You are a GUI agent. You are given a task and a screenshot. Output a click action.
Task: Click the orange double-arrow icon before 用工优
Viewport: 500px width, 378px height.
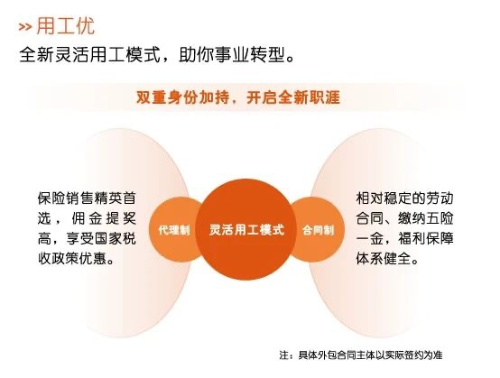[25, 27]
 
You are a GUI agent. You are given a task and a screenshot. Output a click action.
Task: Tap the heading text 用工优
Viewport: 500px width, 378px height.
[66, 25]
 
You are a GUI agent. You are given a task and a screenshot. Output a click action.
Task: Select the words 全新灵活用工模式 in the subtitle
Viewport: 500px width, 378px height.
[89, 55]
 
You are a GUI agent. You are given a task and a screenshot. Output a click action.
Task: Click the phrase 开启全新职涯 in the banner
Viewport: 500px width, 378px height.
[293, 97]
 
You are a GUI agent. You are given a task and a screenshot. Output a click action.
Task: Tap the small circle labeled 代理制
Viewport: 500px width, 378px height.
[174, 229]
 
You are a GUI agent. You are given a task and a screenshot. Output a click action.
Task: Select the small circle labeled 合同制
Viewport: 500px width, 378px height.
[319, 229]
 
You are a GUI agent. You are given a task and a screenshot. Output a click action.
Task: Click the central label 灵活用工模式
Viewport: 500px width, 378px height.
[246, 229]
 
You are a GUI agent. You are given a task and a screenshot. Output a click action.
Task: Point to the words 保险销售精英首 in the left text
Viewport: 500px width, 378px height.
[87, 198]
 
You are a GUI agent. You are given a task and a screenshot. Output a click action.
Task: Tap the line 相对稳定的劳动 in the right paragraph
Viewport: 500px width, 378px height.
[404, 198]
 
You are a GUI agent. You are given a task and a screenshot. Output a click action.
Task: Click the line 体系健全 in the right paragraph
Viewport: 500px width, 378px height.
[384, 259]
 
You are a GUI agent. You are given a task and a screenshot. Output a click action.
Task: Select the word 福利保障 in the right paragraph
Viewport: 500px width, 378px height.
[426, 238]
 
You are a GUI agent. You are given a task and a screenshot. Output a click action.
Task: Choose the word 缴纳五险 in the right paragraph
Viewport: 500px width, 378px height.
[426, 218]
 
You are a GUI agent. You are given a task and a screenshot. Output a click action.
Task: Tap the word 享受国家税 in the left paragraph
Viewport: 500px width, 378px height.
[101, 238]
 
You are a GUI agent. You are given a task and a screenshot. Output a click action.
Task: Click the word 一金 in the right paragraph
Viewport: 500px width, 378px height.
[369, 238]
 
